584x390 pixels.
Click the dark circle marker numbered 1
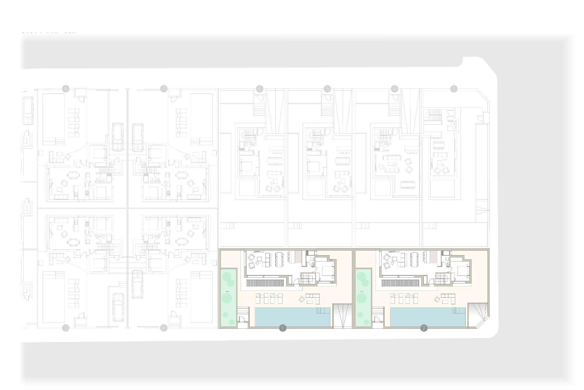click(283, 328)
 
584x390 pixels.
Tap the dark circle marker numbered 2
click(424, 328)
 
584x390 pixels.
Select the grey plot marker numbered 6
click(259, 89)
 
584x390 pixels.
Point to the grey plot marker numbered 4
click(395, 89)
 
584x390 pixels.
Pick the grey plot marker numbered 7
click(164, 89)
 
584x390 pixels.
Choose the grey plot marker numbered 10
click(66, 328)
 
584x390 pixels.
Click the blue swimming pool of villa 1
click(292, 317)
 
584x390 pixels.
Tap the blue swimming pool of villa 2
click(427, 317)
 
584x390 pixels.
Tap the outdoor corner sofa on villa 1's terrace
click(312, 298)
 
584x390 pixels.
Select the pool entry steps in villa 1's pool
click(323, 310)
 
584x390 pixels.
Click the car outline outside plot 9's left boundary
click(28, 111)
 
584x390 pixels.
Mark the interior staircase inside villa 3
click(434, 115)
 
